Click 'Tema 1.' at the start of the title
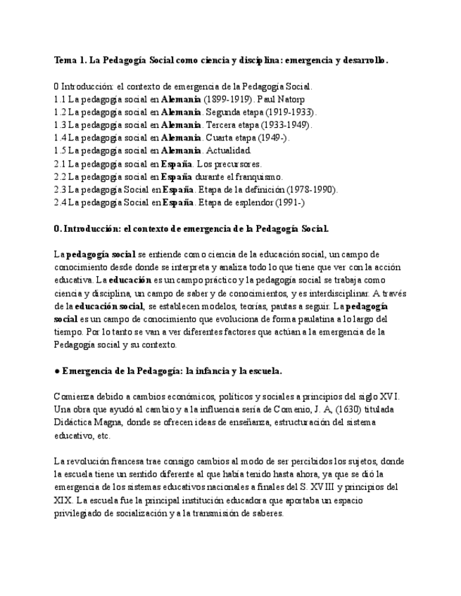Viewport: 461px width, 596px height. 70,60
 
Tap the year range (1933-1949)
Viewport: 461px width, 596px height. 284,124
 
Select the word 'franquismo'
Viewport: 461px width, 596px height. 260,176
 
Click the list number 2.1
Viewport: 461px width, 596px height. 60,164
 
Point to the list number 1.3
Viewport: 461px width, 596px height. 60,124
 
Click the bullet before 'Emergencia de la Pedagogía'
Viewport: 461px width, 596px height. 56,370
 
